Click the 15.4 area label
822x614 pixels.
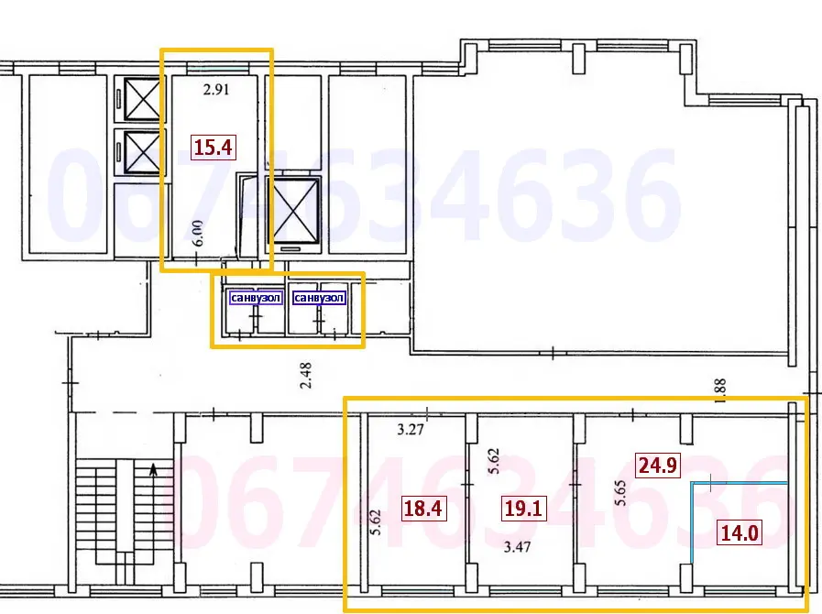pyautogui.click(x=213, y=148)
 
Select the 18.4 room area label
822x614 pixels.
pyautogui.click(x=423, y=508)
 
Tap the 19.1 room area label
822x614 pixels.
pyautogui.click(x=523, y=508)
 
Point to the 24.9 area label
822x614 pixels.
pyautogui.click(x=658, y=466)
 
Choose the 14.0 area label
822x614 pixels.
pyautogui.click(x=740, y=532)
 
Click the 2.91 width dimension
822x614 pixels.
pyautogui.click(x=216, y=90)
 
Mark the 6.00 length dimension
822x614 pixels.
pyautogui.click(x=198, y=234)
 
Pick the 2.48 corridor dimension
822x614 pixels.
pyautogui.click(x=306, y=375)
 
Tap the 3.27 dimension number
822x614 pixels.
pyautogui.click(x=410, y=431)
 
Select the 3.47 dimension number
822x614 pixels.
pyautogui.click(x=517, y=547)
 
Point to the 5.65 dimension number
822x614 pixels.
pyautogui.click(x=620, y=493)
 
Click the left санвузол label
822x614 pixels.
pyautogui.click(x=256, y=298)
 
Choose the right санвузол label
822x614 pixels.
pyautogui.click(x=319, y=298)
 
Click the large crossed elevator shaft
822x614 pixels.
pyautogui.click(x=293, y=212)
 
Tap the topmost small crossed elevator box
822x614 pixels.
pyautogui.click(x=141, y=99)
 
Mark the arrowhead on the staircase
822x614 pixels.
pyautogui.click(x=153, y=469)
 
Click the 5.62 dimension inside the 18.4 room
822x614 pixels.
pyautogui.click(x=376, y=522)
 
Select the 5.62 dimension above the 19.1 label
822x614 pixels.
pyautogui.click(x=493, y=462)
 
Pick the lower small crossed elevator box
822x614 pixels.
pyautogui.click(x=141, y=151)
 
